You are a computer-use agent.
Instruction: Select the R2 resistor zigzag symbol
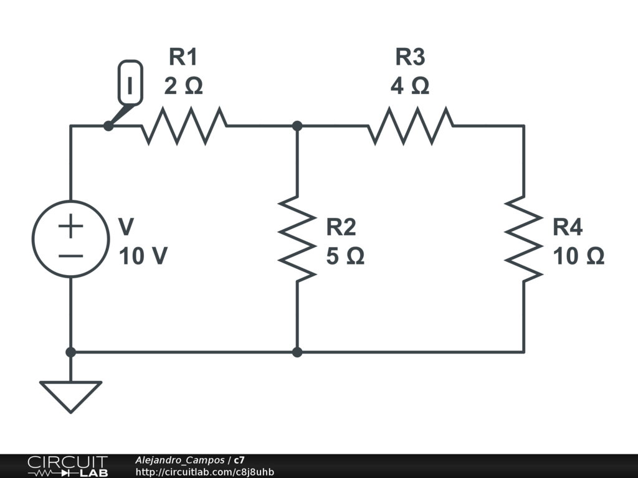(297, 238)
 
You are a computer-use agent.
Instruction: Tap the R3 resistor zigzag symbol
(411, 126)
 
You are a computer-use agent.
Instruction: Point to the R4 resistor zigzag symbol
(523, 238)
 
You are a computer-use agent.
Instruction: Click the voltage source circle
(70, 238)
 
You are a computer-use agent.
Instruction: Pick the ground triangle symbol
(70, 396)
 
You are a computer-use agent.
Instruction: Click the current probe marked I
(130, 82)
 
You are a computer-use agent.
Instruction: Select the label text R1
(183, 57)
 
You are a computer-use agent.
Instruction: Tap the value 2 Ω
(183, 86)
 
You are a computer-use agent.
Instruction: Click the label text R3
(410, 57)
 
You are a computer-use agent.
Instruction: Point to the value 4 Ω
(410, 86)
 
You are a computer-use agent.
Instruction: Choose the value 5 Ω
(345, 256)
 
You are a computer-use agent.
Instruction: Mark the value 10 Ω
(579, 256)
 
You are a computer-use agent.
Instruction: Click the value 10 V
(143, 256)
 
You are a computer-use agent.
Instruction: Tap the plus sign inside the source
(70, 226)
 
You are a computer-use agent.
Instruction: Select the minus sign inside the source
(70, 254)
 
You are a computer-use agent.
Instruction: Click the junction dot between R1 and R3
(297, 126)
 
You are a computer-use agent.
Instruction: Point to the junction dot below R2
(297, 352)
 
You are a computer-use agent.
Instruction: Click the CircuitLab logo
(67, 466)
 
